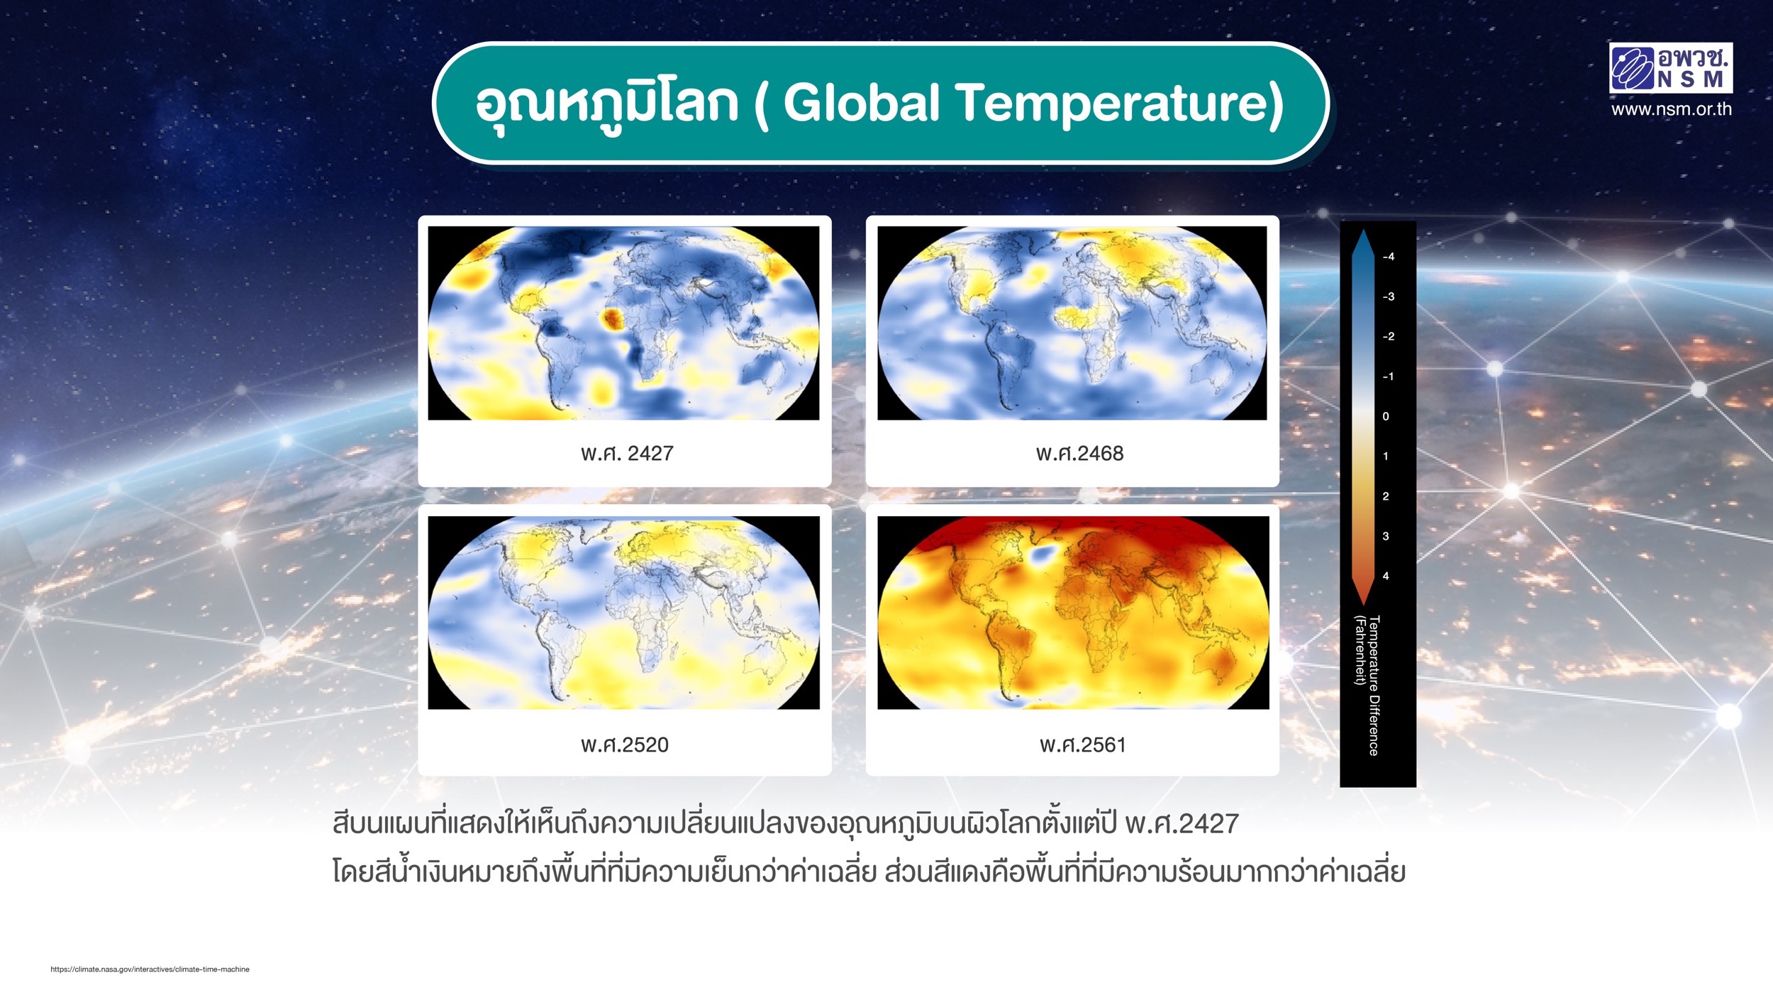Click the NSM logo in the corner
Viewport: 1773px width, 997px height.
[x=1670, y=68]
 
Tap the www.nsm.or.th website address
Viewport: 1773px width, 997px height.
[x=1671, y=109]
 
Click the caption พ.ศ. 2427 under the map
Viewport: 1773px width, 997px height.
[x=627, y=453]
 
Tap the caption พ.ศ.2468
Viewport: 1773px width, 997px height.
[x=1079, y=453]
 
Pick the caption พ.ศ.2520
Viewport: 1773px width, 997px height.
[x=625, y=745]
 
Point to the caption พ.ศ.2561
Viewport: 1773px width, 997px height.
[x=1083, y=745]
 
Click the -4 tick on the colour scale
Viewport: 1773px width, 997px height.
[x=1388, y=257]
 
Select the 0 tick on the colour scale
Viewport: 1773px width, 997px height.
[x=1386, y=416]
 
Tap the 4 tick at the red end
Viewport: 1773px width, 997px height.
[x=1386, y=576]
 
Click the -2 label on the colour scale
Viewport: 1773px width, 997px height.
[x=1388, y=336]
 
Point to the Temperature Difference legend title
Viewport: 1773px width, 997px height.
[x=1367, y=686]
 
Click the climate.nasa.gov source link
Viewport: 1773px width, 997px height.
[x=150, y=969]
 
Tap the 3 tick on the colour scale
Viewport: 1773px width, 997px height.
[x=1386, y=536]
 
